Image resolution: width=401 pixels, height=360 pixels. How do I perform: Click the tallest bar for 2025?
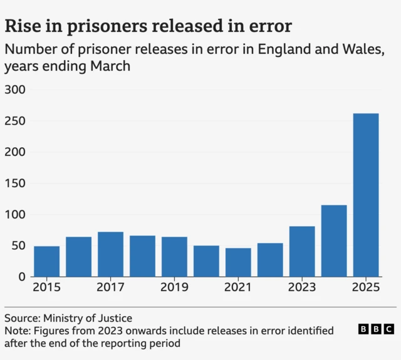tap(366, 195)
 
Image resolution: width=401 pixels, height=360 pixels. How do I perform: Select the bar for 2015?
tap(47, 261)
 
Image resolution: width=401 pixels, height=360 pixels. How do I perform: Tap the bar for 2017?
tap(110, 254)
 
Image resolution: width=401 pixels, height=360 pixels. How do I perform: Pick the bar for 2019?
tap(174, 257)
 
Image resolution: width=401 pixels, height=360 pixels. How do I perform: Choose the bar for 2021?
tap(238, 262)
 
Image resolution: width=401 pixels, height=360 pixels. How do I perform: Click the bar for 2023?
tap(302, 251)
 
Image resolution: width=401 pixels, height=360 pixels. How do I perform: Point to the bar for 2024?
tap(334, 240)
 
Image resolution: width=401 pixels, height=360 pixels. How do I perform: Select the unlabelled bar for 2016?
tap(78, 257)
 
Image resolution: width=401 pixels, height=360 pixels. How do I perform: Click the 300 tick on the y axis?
tap(15, 90)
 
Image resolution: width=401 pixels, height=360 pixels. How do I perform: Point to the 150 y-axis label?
tap(15, 183)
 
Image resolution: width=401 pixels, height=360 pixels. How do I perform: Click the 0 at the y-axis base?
tap(21, 277)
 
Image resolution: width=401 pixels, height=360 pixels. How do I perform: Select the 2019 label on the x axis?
tap(174, 289)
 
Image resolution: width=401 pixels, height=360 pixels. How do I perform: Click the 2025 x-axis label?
tap(366, 289)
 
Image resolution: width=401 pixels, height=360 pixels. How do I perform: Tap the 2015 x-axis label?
tap(47, 289)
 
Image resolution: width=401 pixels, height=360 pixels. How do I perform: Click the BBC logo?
tap(376, 329)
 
